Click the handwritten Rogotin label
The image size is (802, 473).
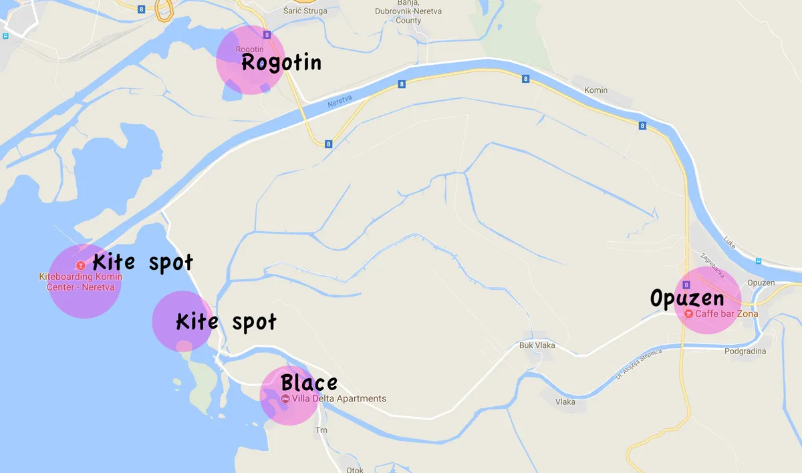tap(281, 63)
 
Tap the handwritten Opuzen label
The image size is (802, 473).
tap(688, 297)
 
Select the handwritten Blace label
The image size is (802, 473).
tap(309, 383)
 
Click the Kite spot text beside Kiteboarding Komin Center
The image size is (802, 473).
tap(142, 262)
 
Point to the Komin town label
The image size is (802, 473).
tap(595, 90)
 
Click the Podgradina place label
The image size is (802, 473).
tap(745, 351)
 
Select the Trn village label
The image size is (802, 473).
tap(321, 430)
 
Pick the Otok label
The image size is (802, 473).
tap(355, 470)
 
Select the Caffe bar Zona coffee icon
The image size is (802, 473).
tap(688, 313)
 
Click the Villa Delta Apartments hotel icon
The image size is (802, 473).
tap(285, 399)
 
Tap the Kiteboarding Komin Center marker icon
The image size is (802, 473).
tap(82, 265)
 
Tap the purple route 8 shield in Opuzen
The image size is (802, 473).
tap(686, 285)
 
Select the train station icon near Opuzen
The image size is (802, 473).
tap(759, 261)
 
